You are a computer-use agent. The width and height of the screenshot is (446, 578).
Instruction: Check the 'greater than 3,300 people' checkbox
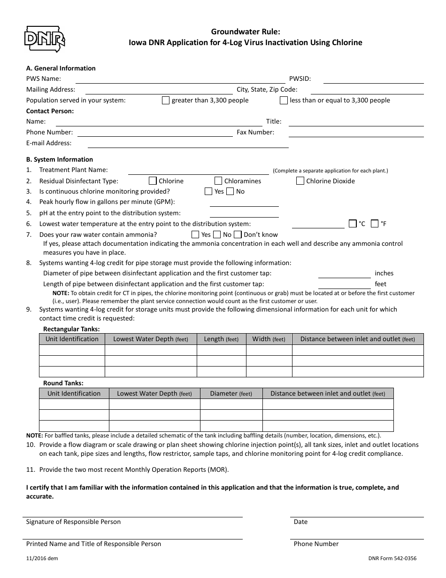tap(166, 100)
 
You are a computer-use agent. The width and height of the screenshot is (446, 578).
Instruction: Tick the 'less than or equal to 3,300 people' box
tap(284, 100)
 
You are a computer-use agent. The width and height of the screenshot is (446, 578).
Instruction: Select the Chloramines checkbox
tap(218, 181)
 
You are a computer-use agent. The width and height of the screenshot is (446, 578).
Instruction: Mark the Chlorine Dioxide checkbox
tap(300, 181)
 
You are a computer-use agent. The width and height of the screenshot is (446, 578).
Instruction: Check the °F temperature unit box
tap(375, 224)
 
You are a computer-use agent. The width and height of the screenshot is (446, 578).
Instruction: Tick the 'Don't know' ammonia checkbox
tap(238, 234)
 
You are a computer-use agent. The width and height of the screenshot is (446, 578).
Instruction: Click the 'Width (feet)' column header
tap(269, 339)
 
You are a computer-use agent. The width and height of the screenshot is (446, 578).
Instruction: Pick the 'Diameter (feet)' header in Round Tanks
tap(231, 393)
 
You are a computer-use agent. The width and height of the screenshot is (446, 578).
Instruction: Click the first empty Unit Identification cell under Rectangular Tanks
tap(72, 350)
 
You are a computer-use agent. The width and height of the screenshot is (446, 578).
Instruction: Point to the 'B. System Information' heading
tap(60, 159)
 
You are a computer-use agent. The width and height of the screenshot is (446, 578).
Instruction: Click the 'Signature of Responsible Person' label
tap(73, 522)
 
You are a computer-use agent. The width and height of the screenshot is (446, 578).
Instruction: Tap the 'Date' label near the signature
tap(300, 522)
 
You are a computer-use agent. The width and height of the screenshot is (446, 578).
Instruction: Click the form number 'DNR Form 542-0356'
tap(392, 559)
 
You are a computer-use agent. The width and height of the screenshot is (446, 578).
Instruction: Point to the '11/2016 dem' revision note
tap(42, 559)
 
